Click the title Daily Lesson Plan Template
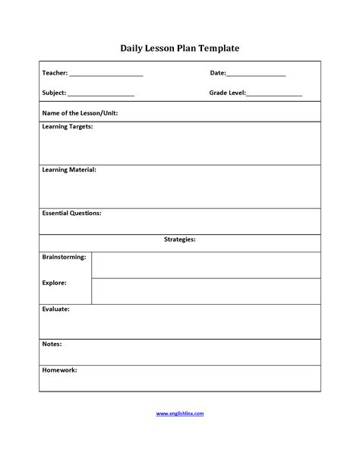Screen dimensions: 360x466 (x=180, y=48)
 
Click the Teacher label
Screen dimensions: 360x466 (x=54, y=73)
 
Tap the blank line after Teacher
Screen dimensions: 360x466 (x=106, y=74)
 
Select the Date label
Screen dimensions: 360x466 (x=217, y=73)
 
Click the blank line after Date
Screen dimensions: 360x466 (x=256, y=74)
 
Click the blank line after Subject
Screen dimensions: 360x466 (x=101, y=94)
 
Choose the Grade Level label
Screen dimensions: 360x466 (x=227, y=93)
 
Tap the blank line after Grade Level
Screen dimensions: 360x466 (x=274, y=94)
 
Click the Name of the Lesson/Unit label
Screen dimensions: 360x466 (x=80, y=113)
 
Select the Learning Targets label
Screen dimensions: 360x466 (x=68, y=127)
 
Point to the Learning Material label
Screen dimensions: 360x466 (x=68, y=170)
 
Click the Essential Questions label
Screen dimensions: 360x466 (x=71, y=214)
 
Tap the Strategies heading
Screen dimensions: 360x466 (x=180, y=239)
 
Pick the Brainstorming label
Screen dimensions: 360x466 (x=64, y=257)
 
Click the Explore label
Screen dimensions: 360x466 (x=54, y=283)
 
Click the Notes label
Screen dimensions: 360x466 (x=52, y=344)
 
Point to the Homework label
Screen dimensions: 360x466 (x=59, y=370)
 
